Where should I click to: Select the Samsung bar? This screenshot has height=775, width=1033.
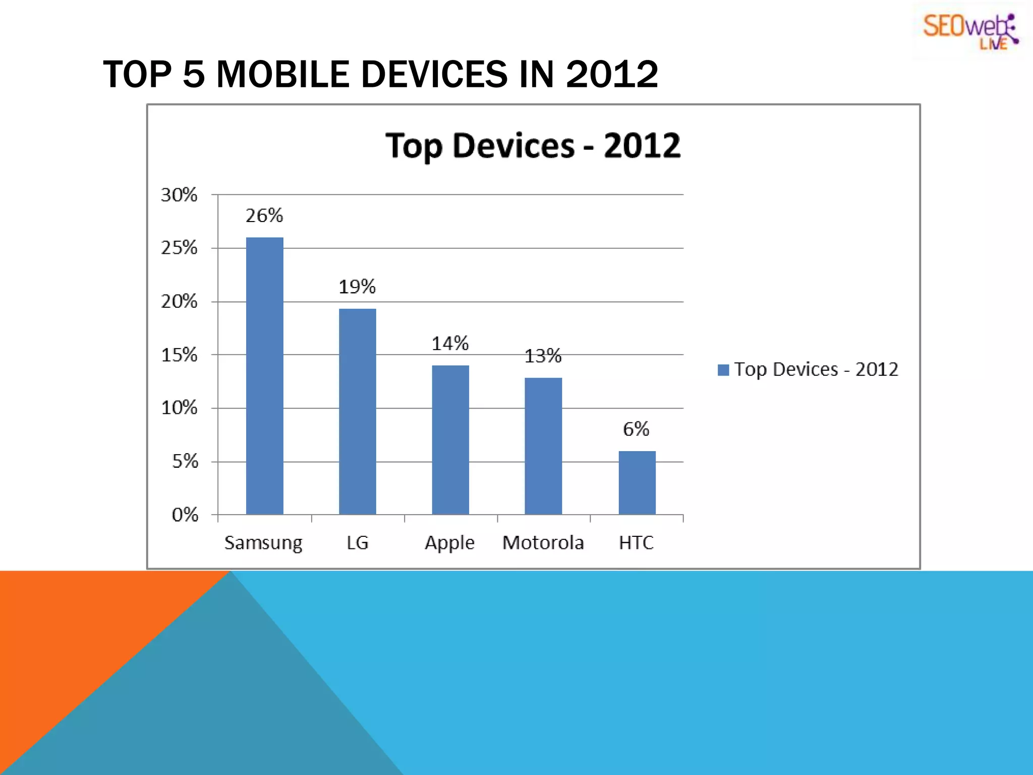[x=264, y=376]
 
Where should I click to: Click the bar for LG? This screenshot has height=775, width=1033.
[x=357, y=411]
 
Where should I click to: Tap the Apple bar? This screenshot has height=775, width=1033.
[x=450, y=439]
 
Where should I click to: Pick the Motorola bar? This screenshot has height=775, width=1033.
[x=543, y=446]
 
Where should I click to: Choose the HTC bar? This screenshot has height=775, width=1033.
[x=637, y=482]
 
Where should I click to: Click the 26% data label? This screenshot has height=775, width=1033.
[x=264, y=216]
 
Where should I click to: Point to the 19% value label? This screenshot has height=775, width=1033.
[x=357, y=287]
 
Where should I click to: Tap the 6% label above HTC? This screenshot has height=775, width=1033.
[x=636, y=429]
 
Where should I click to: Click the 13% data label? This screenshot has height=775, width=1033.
[x=543, y=356]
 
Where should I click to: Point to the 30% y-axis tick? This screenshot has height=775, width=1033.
[x=179, y=195]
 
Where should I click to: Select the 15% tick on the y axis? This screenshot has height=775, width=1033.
[x=179, y=355]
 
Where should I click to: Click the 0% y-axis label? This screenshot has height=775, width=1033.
[x=185, y=515]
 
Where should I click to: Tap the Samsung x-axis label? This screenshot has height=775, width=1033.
[x=263, y=543]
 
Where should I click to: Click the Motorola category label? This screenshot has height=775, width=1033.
[x=543, y=543]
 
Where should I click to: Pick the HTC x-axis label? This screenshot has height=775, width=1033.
[x=636, y=543]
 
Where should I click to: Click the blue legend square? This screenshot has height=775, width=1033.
[x=723, y=370]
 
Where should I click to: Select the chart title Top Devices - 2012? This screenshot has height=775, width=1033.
[x=533, y=146]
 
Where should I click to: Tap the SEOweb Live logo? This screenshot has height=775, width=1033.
[x=970, y=31]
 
